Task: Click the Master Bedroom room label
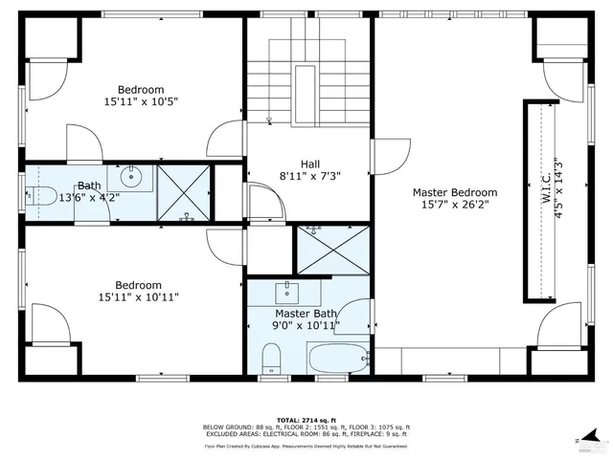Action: click(455, 191)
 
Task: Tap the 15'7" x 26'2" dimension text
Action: click(455, 205)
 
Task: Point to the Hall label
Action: click(309, 163)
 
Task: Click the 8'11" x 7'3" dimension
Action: click(309, 176)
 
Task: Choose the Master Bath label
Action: click(306, 313)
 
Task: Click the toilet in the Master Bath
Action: click(272, 360)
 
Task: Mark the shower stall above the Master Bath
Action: click(332, 250)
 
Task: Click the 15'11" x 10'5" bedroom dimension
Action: click(142, 100)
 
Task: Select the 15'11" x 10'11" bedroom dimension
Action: click(140, 297)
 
